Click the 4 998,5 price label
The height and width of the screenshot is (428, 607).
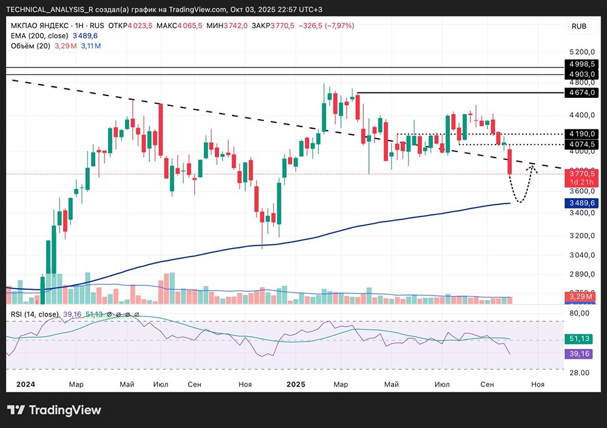click(x=582, y=64)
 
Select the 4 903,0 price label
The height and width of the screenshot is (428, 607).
click(x=582, y=74)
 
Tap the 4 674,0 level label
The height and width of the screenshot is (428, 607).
click(x=582, y=92)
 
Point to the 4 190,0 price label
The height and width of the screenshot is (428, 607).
click(x=582, y=134)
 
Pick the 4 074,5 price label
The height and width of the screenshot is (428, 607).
click(x=582, y=144)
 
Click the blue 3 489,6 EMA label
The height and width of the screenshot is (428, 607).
click(x=582, y=203)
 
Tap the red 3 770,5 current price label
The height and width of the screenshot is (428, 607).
click(x=582, y=174)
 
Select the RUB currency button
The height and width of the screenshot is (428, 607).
click(x=578, y=26)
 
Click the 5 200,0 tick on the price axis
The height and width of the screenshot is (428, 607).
click(x=582, y=52)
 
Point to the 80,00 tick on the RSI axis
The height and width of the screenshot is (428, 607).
click(x=579, y=313)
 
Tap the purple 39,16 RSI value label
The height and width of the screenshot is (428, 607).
click(x=582, y=353)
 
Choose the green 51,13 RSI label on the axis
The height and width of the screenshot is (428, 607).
click(x=582, y=338)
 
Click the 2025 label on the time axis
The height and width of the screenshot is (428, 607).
click(x=296, y=384)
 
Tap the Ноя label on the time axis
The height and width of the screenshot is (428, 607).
click(x=538, y=384)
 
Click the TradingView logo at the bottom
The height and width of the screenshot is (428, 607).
click(x=55, y=410)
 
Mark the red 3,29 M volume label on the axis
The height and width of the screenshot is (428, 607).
click(x=582, y=296)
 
